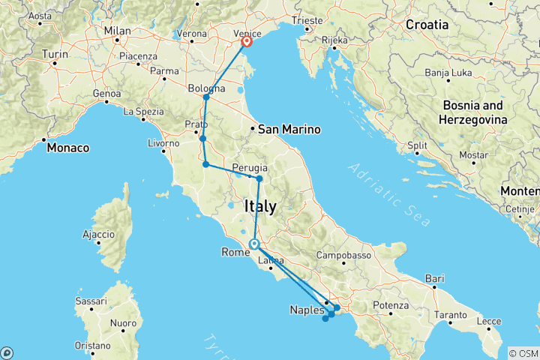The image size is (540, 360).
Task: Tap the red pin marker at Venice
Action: (x=246, y=42)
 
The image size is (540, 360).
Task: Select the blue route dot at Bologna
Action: (x=206, y=97)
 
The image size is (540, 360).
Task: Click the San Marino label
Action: (x=289, y=130)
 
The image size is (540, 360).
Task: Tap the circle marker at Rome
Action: (x=255, y=244)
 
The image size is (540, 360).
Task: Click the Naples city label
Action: (x=307, y=309)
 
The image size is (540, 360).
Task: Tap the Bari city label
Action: (x=435, y=278)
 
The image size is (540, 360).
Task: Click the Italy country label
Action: (x=260, y=205)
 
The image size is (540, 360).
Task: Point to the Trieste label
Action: (x=310, y=20)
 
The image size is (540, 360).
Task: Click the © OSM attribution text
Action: (x=523, y=352)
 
